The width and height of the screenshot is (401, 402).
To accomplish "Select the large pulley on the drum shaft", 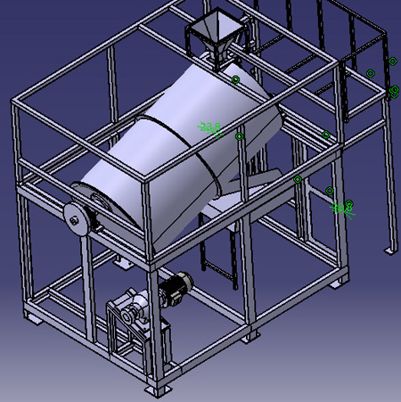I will (x=74, y=217).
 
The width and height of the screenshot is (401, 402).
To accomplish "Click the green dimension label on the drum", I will (x=210, y=129).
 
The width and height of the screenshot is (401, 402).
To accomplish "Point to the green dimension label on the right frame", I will (x=341, y=209).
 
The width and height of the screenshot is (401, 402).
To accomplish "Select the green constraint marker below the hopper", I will (x=236, y=80).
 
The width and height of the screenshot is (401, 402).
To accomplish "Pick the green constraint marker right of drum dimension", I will (x=239, y=136).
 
